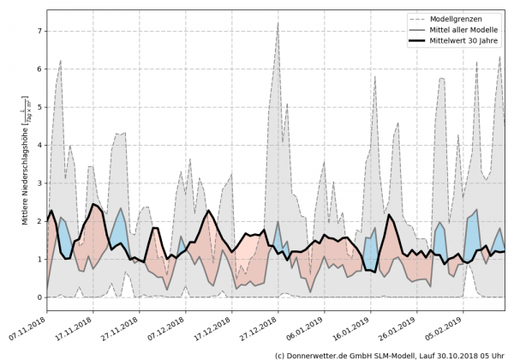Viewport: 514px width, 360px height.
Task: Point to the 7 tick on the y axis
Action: pos(39,31)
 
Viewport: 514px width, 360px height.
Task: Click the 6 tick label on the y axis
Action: pos(39,69)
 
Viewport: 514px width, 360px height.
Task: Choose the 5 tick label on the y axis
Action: pos(39,107)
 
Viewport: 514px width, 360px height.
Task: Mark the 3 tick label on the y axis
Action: pos(39,183)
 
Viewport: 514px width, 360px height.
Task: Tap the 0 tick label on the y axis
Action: pos(39,297)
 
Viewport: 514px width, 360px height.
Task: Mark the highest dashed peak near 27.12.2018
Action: pos(278,22)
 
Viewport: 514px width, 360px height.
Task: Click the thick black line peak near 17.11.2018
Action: pos(94,204)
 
